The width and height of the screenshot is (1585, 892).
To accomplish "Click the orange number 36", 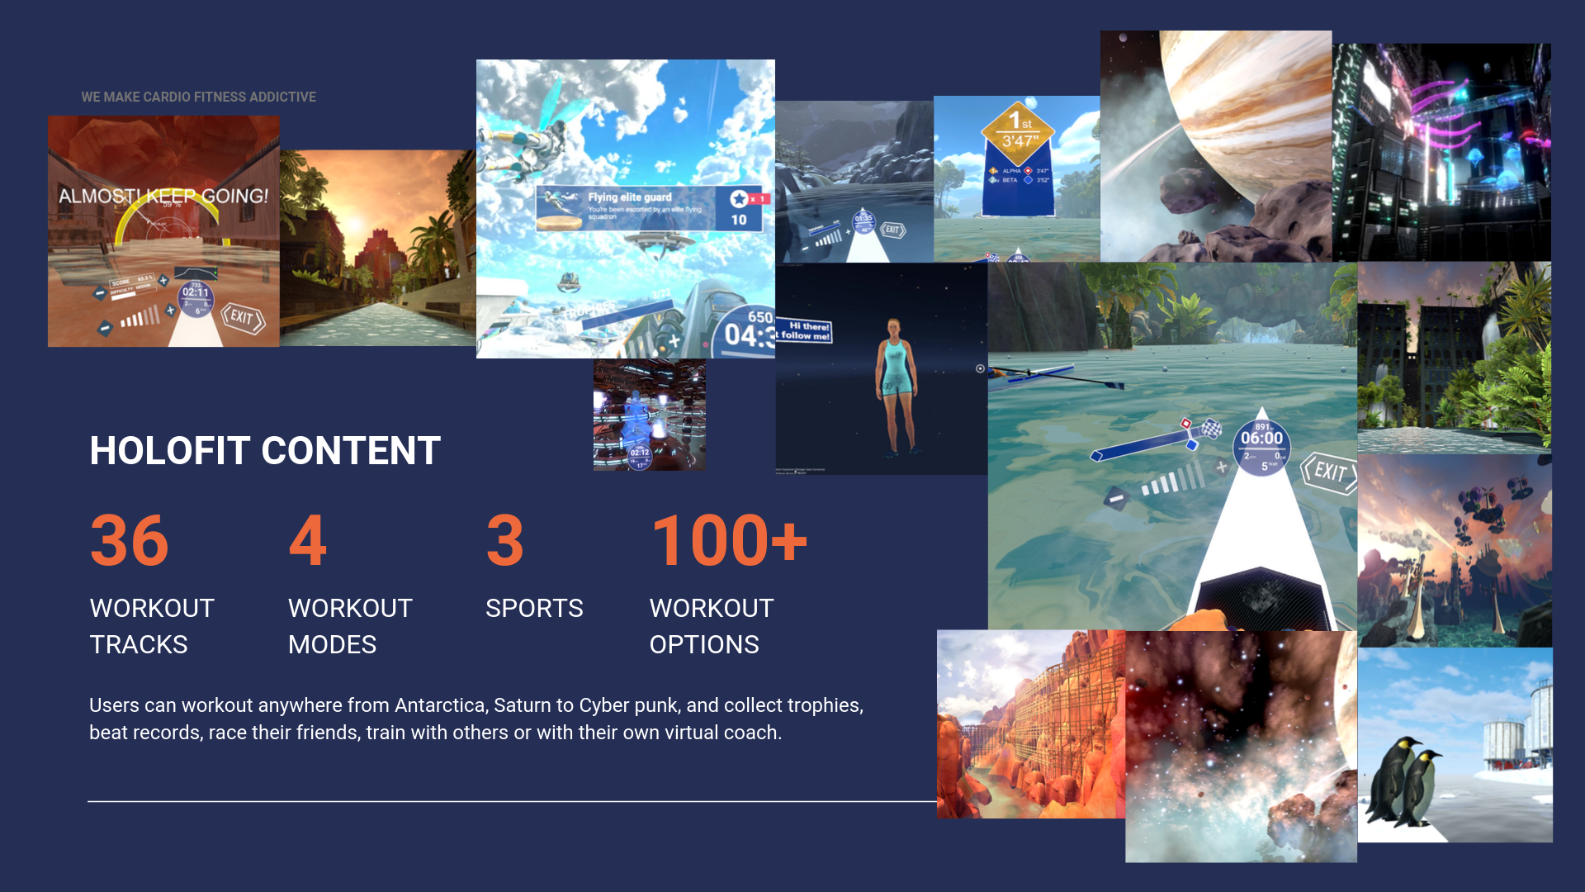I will pyautogui.click(x=130, y=541).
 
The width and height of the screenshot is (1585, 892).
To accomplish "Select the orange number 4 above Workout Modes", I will pyautogui.click(x=307, y=541).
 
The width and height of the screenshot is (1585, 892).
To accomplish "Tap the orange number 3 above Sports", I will pyautogui.click(x=504, y=541).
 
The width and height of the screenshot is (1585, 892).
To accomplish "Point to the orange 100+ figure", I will pyautogui.click(x=728, y=541).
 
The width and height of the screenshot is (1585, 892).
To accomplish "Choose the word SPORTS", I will pyautogui.click(x=534, y=609).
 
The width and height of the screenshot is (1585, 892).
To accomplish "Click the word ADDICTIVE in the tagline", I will pyautogui.click(x=282, y=97).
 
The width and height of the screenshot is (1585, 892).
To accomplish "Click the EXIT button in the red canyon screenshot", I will pyautogui.click(x=242, y=317).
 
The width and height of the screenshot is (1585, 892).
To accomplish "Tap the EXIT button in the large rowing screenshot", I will pyautogui.click(x=1329, y=472).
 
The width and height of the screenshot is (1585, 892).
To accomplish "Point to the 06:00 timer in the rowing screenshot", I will pyautogui.click(x=1261, y=439).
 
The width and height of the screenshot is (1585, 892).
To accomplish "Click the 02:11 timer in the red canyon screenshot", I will pyautogui.click(x=196, y=293).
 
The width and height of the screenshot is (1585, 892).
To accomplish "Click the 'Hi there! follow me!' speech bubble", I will pyautogui.click(x=807, y=331).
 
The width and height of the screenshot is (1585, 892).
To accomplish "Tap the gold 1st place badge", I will pyautogui.click(x=1018, y=130).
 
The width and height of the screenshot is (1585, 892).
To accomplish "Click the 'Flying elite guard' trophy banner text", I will pyautogui.click(x=630, y=197).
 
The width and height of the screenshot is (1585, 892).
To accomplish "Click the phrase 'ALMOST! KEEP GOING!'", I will pyautogui.click(x=163, y=197).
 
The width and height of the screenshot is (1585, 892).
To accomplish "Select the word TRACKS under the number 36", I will pyautogui.click(x=139, y=645).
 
